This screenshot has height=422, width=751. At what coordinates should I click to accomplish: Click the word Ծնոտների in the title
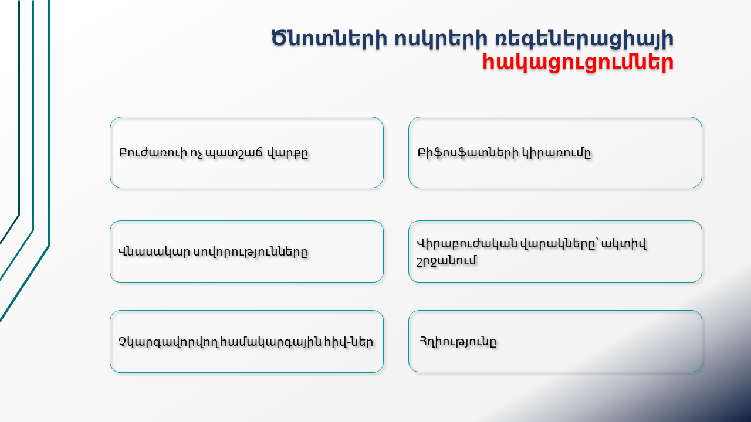(x=329, y=38)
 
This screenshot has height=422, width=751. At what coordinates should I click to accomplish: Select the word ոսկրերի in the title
(x=441, y=39)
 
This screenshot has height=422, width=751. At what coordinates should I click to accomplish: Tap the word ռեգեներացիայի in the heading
(x=584, y=39)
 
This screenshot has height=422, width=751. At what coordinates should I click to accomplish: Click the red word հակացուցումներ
(x=578, y=63)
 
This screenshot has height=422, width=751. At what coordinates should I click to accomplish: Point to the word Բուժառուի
(x=153, y=153)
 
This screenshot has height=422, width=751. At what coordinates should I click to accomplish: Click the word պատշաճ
(x=234, y=154)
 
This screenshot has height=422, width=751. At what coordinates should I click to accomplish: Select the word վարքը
(x=287, y=154)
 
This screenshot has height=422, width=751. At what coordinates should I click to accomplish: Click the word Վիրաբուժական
(x=467, y=243)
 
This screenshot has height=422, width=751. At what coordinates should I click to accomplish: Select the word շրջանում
(x=446, y=261)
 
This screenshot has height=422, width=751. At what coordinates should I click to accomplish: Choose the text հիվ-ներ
(x=349, y=342)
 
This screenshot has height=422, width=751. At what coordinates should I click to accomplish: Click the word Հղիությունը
(x=458, y=342)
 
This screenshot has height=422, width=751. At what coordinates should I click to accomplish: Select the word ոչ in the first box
(x=196, y=154)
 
